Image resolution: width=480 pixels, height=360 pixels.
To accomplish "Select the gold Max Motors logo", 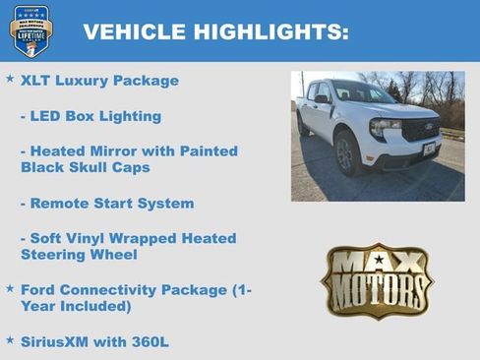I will pyautogui.click(x=377, y=280).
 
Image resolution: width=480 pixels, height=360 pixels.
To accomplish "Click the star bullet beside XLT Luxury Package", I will pyautogui.click(x=10, y=78).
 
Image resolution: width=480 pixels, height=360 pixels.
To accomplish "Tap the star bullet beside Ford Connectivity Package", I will pyautogui.click(x=10, y=288).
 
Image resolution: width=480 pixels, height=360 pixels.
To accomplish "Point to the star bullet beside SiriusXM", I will pyautogui.click(x=10, y=339).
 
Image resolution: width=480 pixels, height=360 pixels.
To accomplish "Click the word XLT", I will pyautogui.click(x=36, y=81).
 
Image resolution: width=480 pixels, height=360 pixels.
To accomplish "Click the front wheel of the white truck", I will pyautogui.click(x=344, y=154).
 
